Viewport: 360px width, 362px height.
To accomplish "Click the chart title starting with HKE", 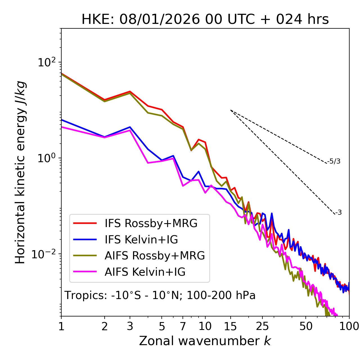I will tap(205, 20).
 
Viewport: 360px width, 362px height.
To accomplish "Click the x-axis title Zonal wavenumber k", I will tap(205, 341).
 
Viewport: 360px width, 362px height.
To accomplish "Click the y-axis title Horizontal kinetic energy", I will tap(20, 172).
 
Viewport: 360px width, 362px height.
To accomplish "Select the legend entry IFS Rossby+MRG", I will tap(151, 223).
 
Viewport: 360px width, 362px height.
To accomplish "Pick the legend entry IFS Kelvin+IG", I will tap(141, 240).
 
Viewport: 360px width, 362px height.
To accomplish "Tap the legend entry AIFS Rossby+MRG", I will tap(155, 256).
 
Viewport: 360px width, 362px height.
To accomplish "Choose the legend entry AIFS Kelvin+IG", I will tap(145, 272).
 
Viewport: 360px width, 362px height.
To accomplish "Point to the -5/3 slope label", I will tap(334, 161).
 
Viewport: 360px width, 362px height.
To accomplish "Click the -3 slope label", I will tap(338, 212).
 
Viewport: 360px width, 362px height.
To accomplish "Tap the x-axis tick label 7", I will tap(183, 326).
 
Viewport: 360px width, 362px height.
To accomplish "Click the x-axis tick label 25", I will tap(262, 326).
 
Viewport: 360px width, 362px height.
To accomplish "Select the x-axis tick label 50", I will tap(306, 326).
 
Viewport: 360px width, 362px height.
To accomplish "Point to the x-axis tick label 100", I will tap(349, 326).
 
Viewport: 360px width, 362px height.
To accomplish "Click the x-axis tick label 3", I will tap(130, 326).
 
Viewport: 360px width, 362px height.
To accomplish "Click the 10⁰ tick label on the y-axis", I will tap(47, 158).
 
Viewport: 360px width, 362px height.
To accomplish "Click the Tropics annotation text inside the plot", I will tap(160, 296).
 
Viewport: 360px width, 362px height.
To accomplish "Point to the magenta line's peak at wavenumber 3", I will tap(130, 130).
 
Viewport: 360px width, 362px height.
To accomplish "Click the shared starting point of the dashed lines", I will tap(231, 110).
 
